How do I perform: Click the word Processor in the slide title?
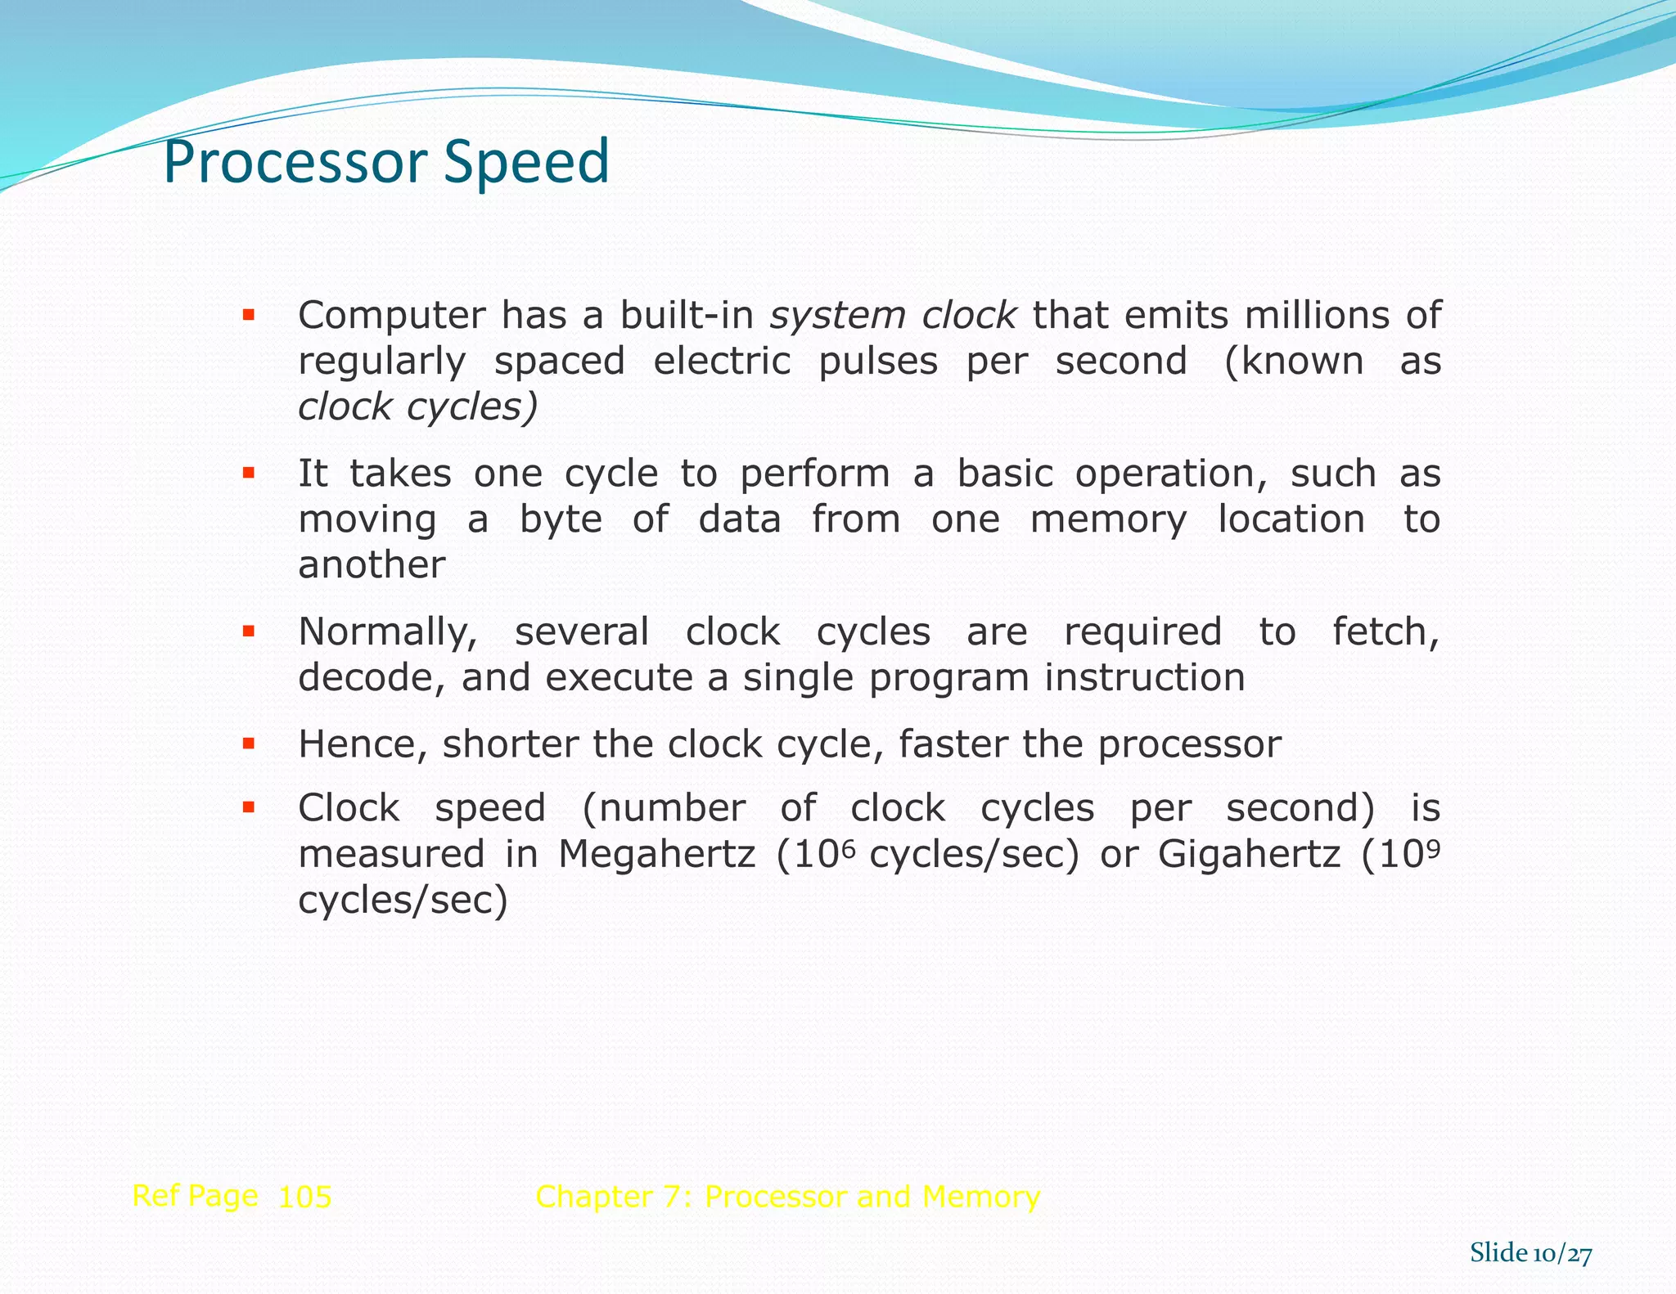pyautogui.click(x=295, y=162)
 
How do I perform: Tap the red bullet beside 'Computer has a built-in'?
pyautogui.click(x=249, y=314)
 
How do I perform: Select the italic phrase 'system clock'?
pyautogui.click(x=893, y=316)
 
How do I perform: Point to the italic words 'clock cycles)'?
pyautogui.click(x=417, y=407)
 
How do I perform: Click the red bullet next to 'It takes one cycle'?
pyautogui.click(x=249, y=473)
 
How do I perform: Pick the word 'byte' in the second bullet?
pyautogui.click(x=561, y=520)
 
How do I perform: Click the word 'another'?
pyautogui.click(x=372, y=565)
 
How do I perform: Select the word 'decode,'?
pyautogui.click(x=372, y=678)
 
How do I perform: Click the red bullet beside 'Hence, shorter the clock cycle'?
pyautogui.click(x=249, y=744)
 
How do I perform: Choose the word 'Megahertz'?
pyautogui.click(x=656, y=855)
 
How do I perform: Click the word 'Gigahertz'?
pyautogui.click(x=1249, y=855)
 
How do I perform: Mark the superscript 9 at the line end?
pyautogui.click(x=1433, y=847)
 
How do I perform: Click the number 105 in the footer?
pyautogui.click(x=304, y=1197)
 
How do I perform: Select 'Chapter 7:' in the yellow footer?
pyautogui.click(x=614, y=1197)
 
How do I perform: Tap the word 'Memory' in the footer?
pyautogui.click(x=980, y=1197)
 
